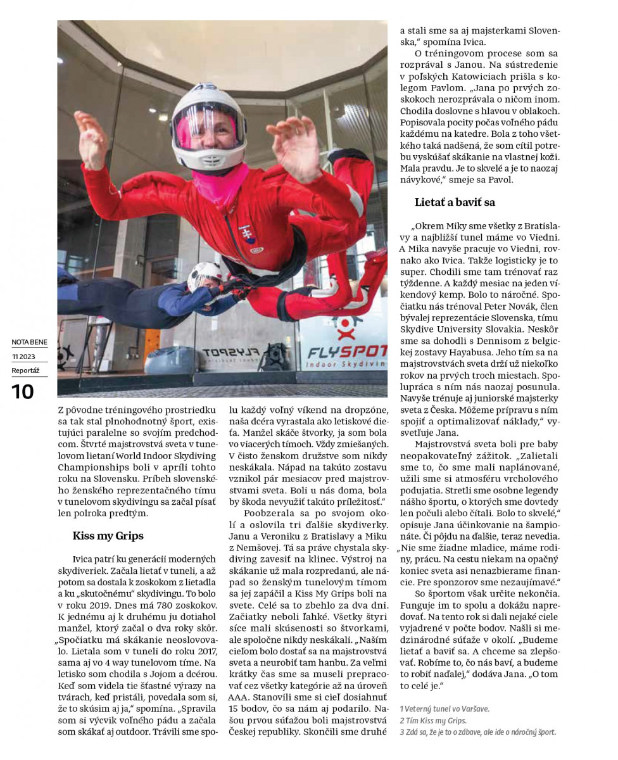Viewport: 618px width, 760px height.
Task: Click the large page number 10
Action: point(23,391)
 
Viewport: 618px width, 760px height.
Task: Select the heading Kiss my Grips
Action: point(108,536)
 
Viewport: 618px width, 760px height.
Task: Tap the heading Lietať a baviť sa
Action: point(455,203)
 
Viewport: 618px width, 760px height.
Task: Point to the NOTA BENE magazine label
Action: point(29,343)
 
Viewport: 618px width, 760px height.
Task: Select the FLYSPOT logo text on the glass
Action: point(347,351)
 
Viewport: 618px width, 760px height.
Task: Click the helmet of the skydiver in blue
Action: point(204,275)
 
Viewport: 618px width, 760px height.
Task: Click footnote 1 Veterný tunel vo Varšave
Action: point(445,709)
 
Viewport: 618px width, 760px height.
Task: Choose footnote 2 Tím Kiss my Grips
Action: point(433,721)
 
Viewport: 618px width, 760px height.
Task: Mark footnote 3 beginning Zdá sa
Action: point(477,732)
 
